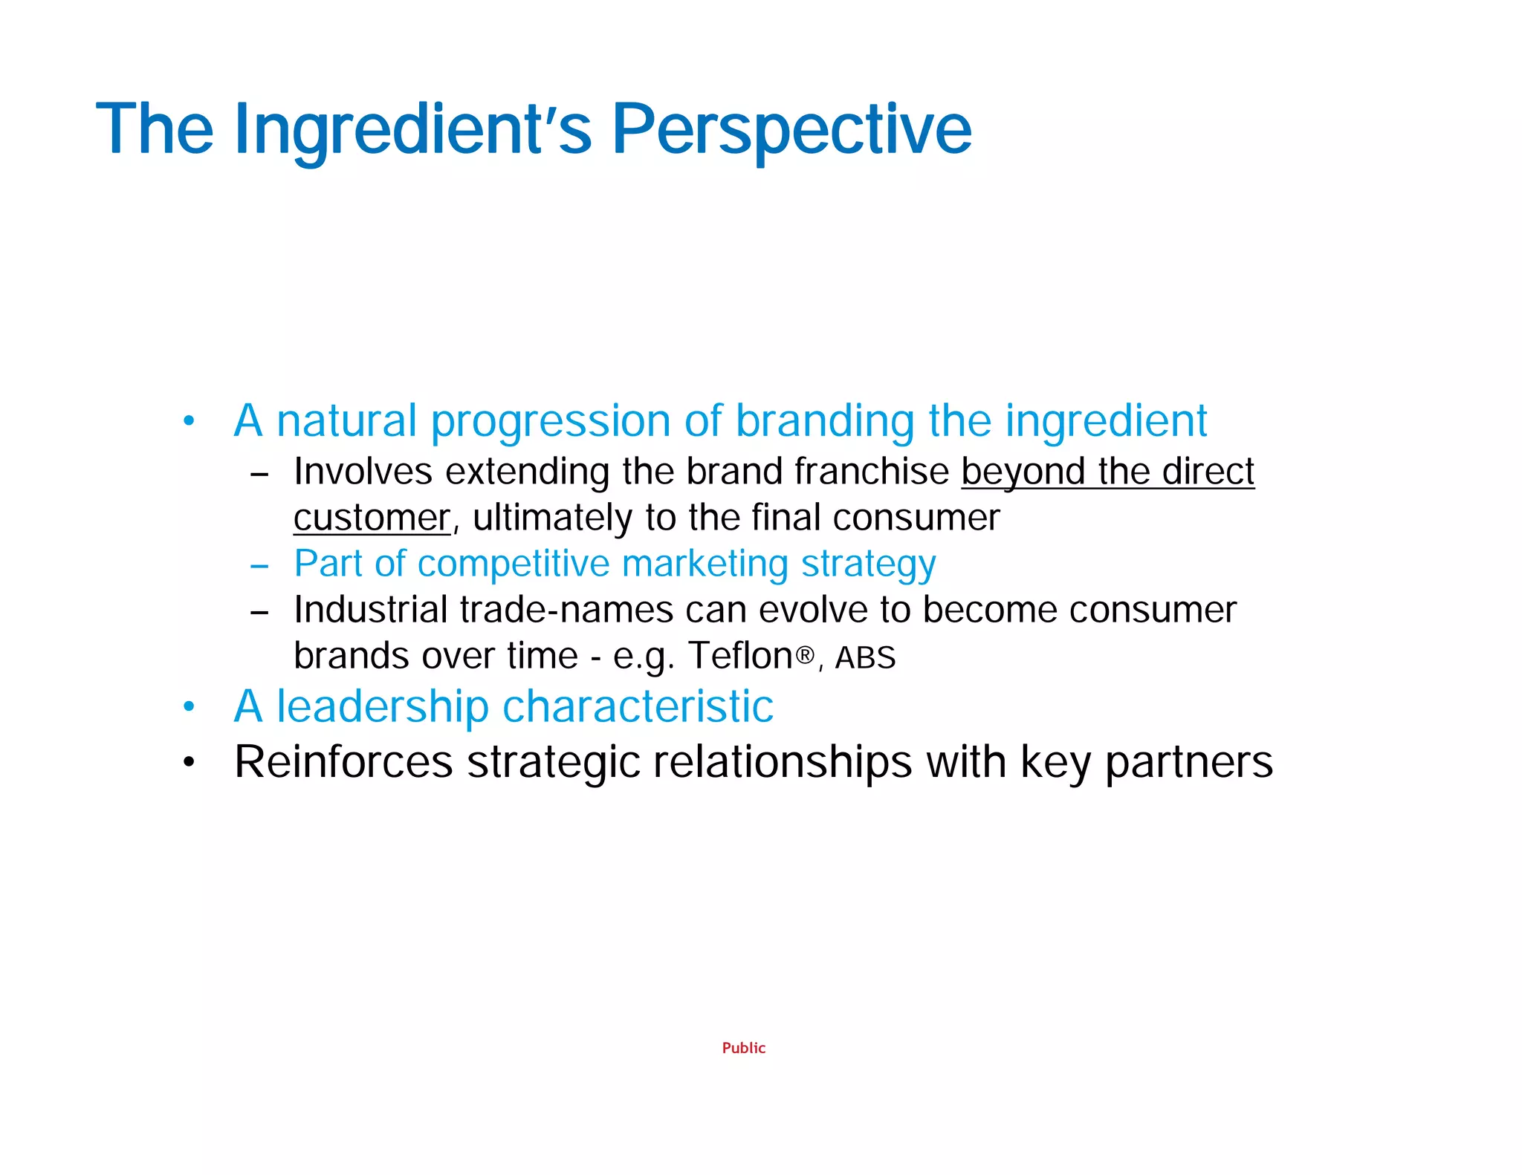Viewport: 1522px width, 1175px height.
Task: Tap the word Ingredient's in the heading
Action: tap(412, 130)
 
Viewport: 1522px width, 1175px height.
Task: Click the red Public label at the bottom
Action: tap(743, 1048)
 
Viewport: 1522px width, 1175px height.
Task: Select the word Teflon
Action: tap(740, 656)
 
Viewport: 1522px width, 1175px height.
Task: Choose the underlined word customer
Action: tap(372, 518)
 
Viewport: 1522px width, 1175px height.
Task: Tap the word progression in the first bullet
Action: tap(550, 422)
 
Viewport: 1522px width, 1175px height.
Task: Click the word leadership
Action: tap(382, 706)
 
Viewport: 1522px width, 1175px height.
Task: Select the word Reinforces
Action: tap(343, 762)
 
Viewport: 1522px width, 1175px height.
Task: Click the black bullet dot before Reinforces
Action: tap(189, 763)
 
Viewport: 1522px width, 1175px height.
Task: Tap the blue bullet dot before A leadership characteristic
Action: tap(189, 707)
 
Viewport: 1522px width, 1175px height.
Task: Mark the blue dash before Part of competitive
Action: tap(259, 567)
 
